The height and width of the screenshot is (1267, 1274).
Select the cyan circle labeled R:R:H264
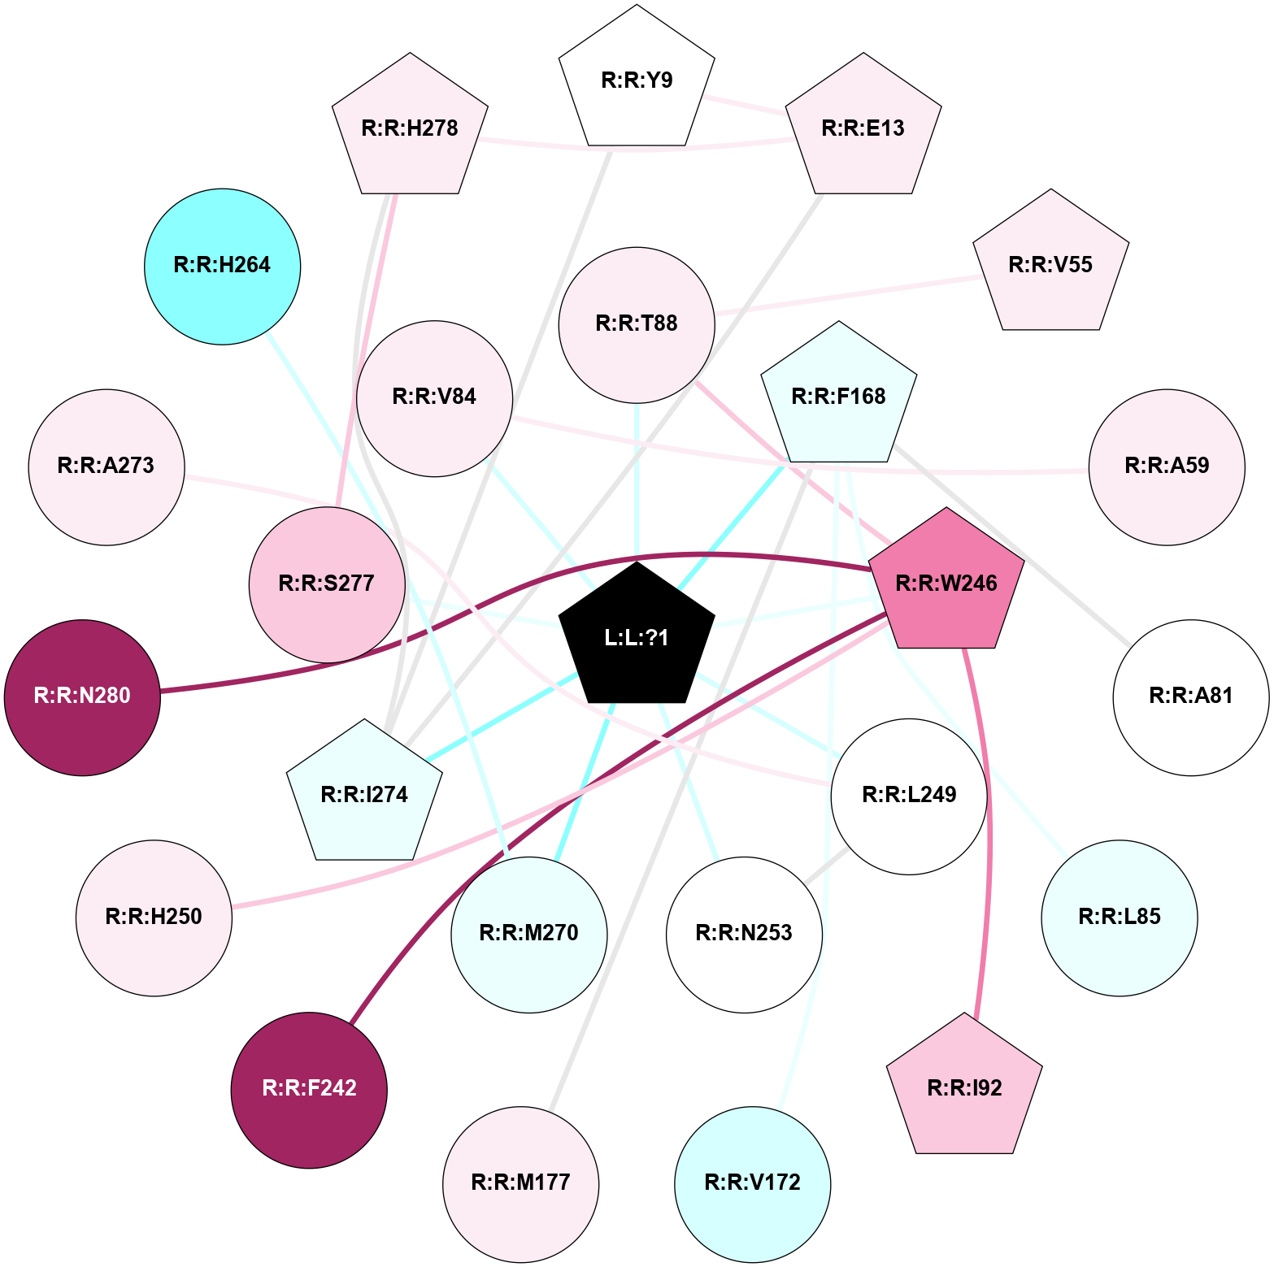point(222,266)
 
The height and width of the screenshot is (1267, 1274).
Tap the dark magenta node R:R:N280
point(82,696)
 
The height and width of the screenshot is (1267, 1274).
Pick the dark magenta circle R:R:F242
point(309,1089)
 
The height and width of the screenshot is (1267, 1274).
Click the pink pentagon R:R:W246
point(946,583)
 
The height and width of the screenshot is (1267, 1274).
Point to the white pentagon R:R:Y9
point(637,80)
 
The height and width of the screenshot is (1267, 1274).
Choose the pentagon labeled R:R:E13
point(863,128)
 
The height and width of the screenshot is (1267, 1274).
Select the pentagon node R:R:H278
point(410,128)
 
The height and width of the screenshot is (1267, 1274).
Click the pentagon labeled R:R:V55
point(1050,265)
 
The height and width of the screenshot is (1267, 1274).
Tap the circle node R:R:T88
point(637,324)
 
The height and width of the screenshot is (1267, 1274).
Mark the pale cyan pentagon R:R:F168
point(838,397)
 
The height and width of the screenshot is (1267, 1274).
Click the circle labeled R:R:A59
point(1167,466)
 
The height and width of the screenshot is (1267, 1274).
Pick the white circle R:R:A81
point(1190,696)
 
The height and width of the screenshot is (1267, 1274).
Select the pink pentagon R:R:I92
point(964,1088)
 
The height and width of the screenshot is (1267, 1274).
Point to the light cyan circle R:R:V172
point(752,1182)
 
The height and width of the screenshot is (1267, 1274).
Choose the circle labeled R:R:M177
point(520,1182)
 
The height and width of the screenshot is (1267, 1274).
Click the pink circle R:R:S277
point(327,584)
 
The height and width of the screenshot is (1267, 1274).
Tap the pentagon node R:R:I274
point(364,794)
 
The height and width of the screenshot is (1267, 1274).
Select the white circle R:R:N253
point(744,934)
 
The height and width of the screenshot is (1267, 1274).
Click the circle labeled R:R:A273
point(106,466)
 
